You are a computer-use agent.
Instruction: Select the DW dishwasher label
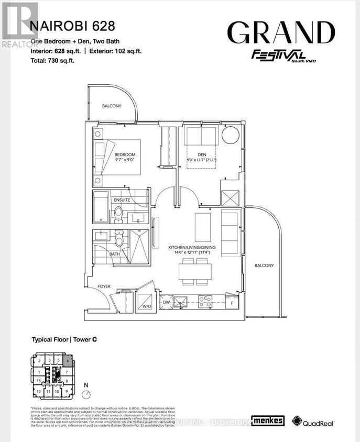click(x=166, y=302)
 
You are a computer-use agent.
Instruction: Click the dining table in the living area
click(x=195, y=271)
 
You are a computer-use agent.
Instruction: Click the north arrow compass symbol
click(x=87, y=394)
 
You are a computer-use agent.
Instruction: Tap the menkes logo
click(x=267, y=421)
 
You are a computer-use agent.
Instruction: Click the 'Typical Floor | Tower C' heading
click(x=65, y=339)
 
